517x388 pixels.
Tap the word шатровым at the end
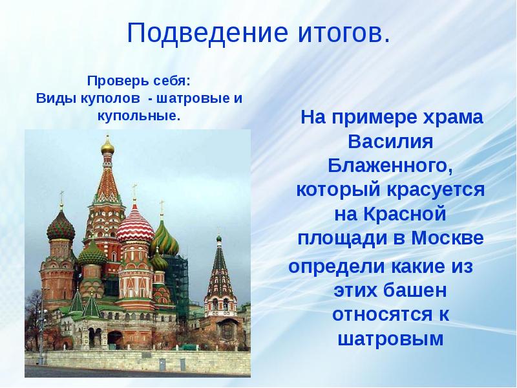tap(390, 338)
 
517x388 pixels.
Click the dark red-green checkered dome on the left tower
tap(61, 226)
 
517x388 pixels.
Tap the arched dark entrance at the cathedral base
tap(115, 337)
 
